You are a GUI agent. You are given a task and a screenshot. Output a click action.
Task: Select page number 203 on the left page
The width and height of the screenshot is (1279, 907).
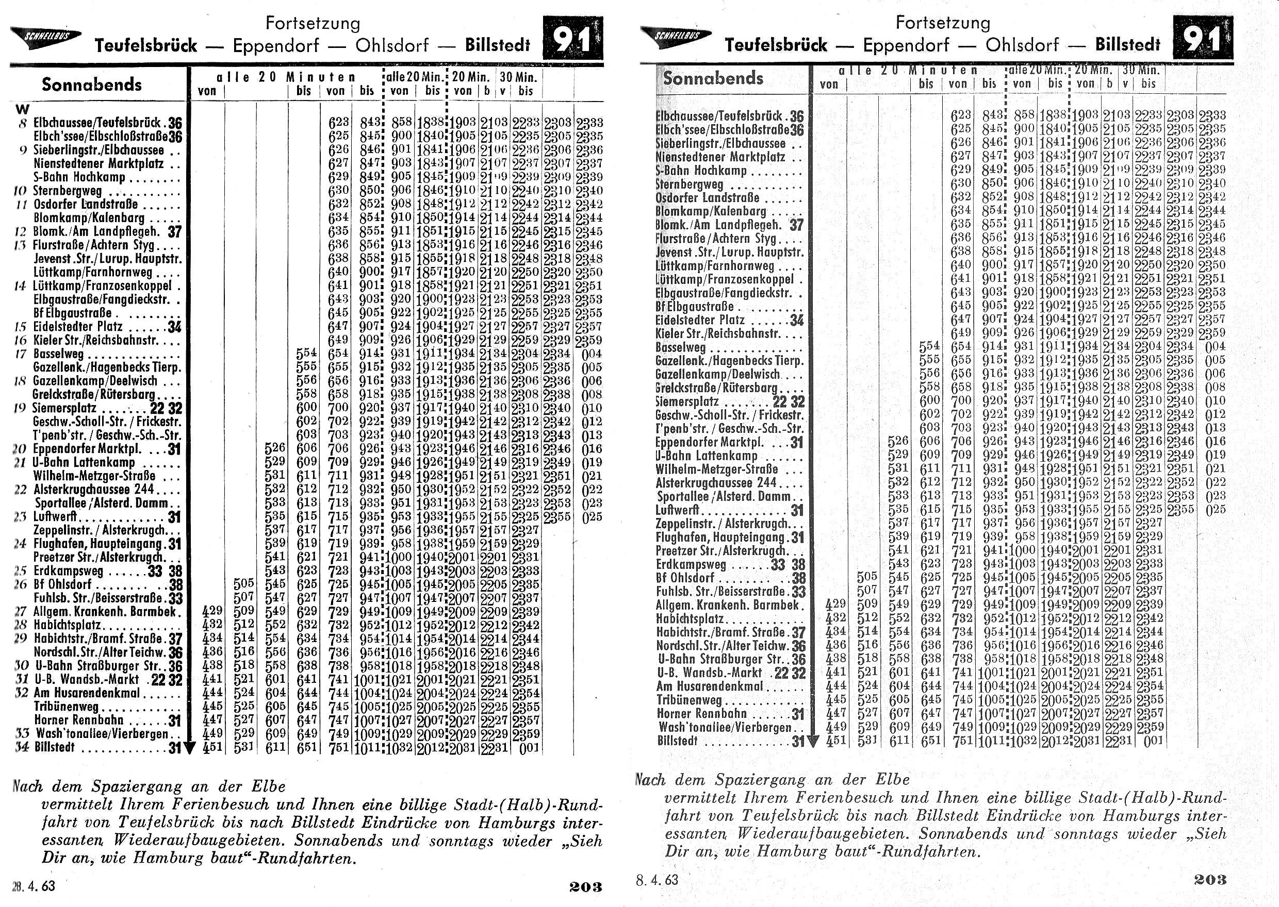tap(585, 886)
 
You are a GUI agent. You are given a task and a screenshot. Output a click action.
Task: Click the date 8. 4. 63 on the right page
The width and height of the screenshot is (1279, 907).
tap(657, 880)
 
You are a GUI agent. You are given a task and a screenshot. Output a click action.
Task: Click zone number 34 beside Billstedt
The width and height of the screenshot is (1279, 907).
tap(22, 747)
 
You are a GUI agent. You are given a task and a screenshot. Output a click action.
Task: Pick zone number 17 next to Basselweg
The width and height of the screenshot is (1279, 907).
tap(21, 354)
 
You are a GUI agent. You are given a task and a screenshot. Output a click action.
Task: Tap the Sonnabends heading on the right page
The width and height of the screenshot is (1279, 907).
tap(712, 78)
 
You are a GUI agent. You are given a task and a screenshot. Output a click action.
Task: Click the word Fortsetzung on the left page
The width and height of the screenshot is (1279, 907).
tap(313, 24)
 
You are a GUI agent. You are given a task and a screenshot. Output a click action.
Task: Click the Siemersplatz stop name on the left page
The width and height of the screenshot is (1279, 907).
tap(64, 408)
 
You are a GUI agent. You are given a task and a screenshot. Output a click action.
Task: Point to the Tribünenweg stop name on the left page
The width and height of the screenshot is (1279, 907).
tap(59, 707)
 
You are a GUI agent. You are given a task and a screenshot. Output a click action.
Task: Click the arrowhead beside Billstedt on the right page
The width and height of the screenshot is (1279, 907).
tap(813, 742)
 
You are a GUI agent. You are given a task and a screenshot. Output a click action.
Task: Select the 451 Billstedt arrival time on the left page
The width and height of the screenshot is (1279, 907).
tap(212, 747)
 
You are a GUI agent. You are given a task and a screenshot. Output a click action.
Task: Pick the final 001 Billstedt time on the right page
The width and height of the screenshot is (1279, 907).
tap(1153, 741)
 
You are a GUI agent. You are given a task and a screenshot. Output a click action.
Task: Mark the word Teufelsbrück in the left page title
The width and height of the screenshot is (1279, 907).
tap(145, 45)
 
